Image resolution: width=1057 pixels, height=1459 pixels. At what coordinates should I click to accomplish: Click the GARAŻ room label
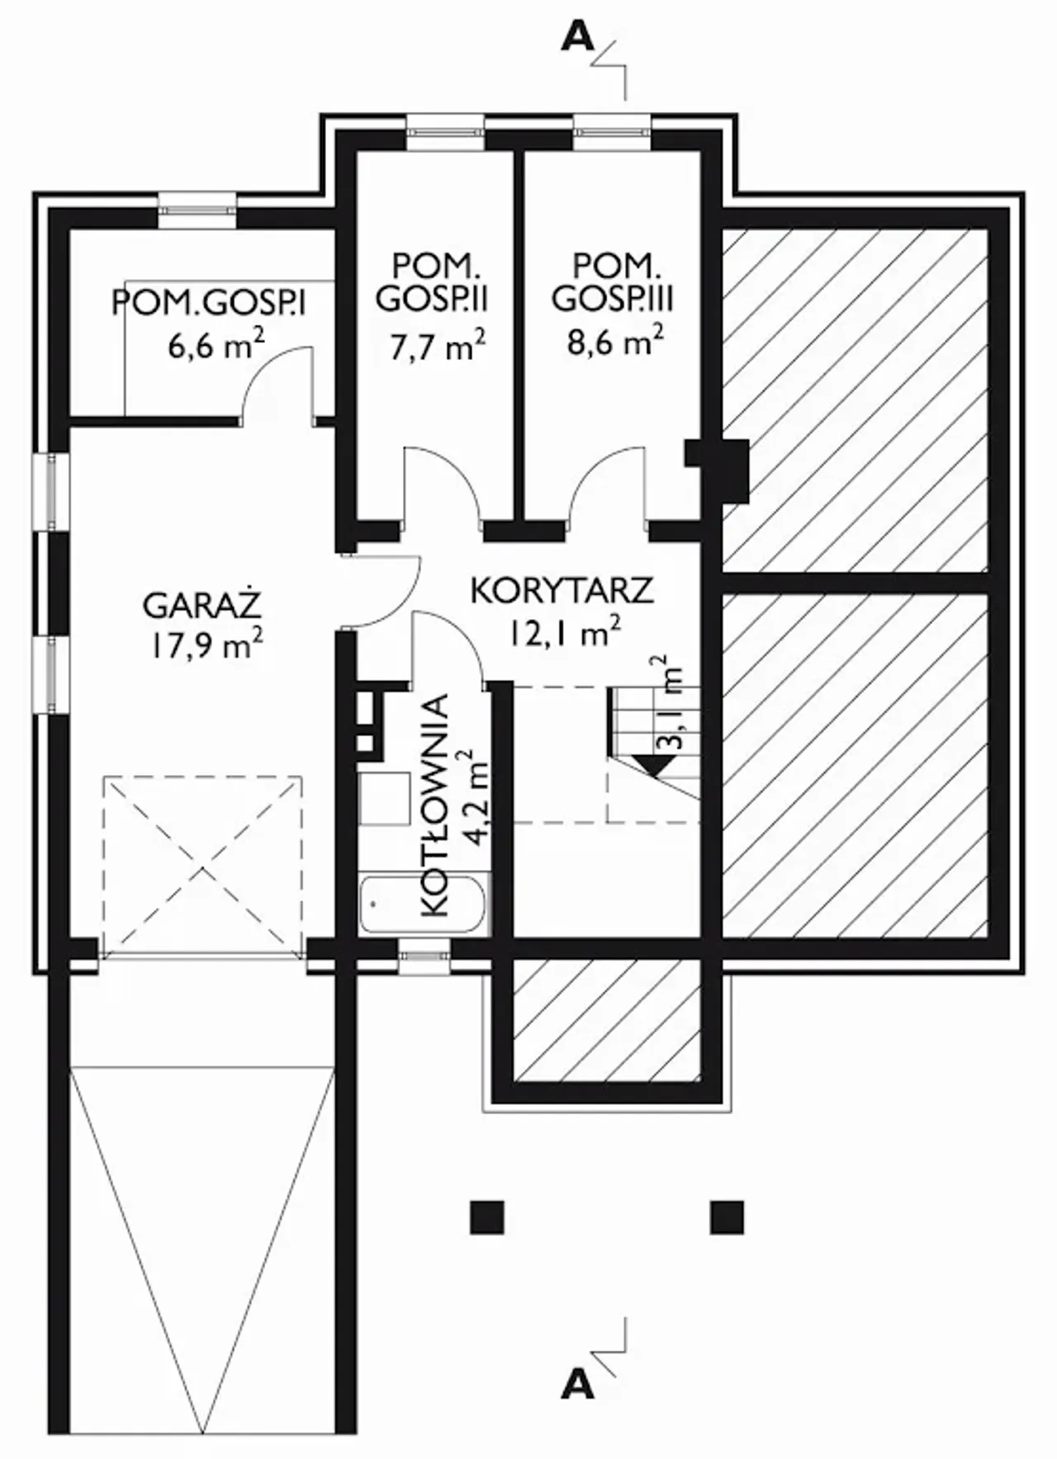coord(202,605)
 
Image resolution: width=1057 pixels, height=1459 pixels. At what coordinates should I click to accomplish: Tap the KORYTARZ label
coord(562,591)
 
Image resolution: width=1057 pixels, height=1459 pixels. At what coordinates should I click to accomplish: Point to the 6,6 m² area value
coord(216,344)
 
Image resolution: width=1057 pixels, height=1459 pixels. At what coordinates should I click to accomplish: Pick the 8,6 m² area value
coord(615,340)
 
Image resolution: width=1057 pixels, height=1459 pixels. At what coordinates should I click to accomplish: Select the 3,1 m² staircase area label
coord(671,702)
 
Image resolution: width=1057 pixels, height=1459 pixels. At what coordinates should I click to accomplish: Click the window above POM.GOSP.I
coord(197,210)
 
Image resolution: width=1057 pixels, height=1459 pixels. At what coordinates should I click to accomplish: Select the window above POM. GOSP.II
coord(445,132)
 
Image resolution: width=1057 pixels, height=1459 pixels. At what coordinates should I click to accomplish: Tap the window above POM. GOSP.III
coord(614,132)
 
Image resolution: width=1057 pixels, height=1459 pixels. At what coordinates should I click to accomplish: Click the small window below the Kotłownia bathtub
coord(425,956)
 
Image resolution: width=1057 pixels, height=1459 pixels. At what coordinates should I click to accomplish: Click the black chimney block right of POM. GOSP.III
coord(717,470)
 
